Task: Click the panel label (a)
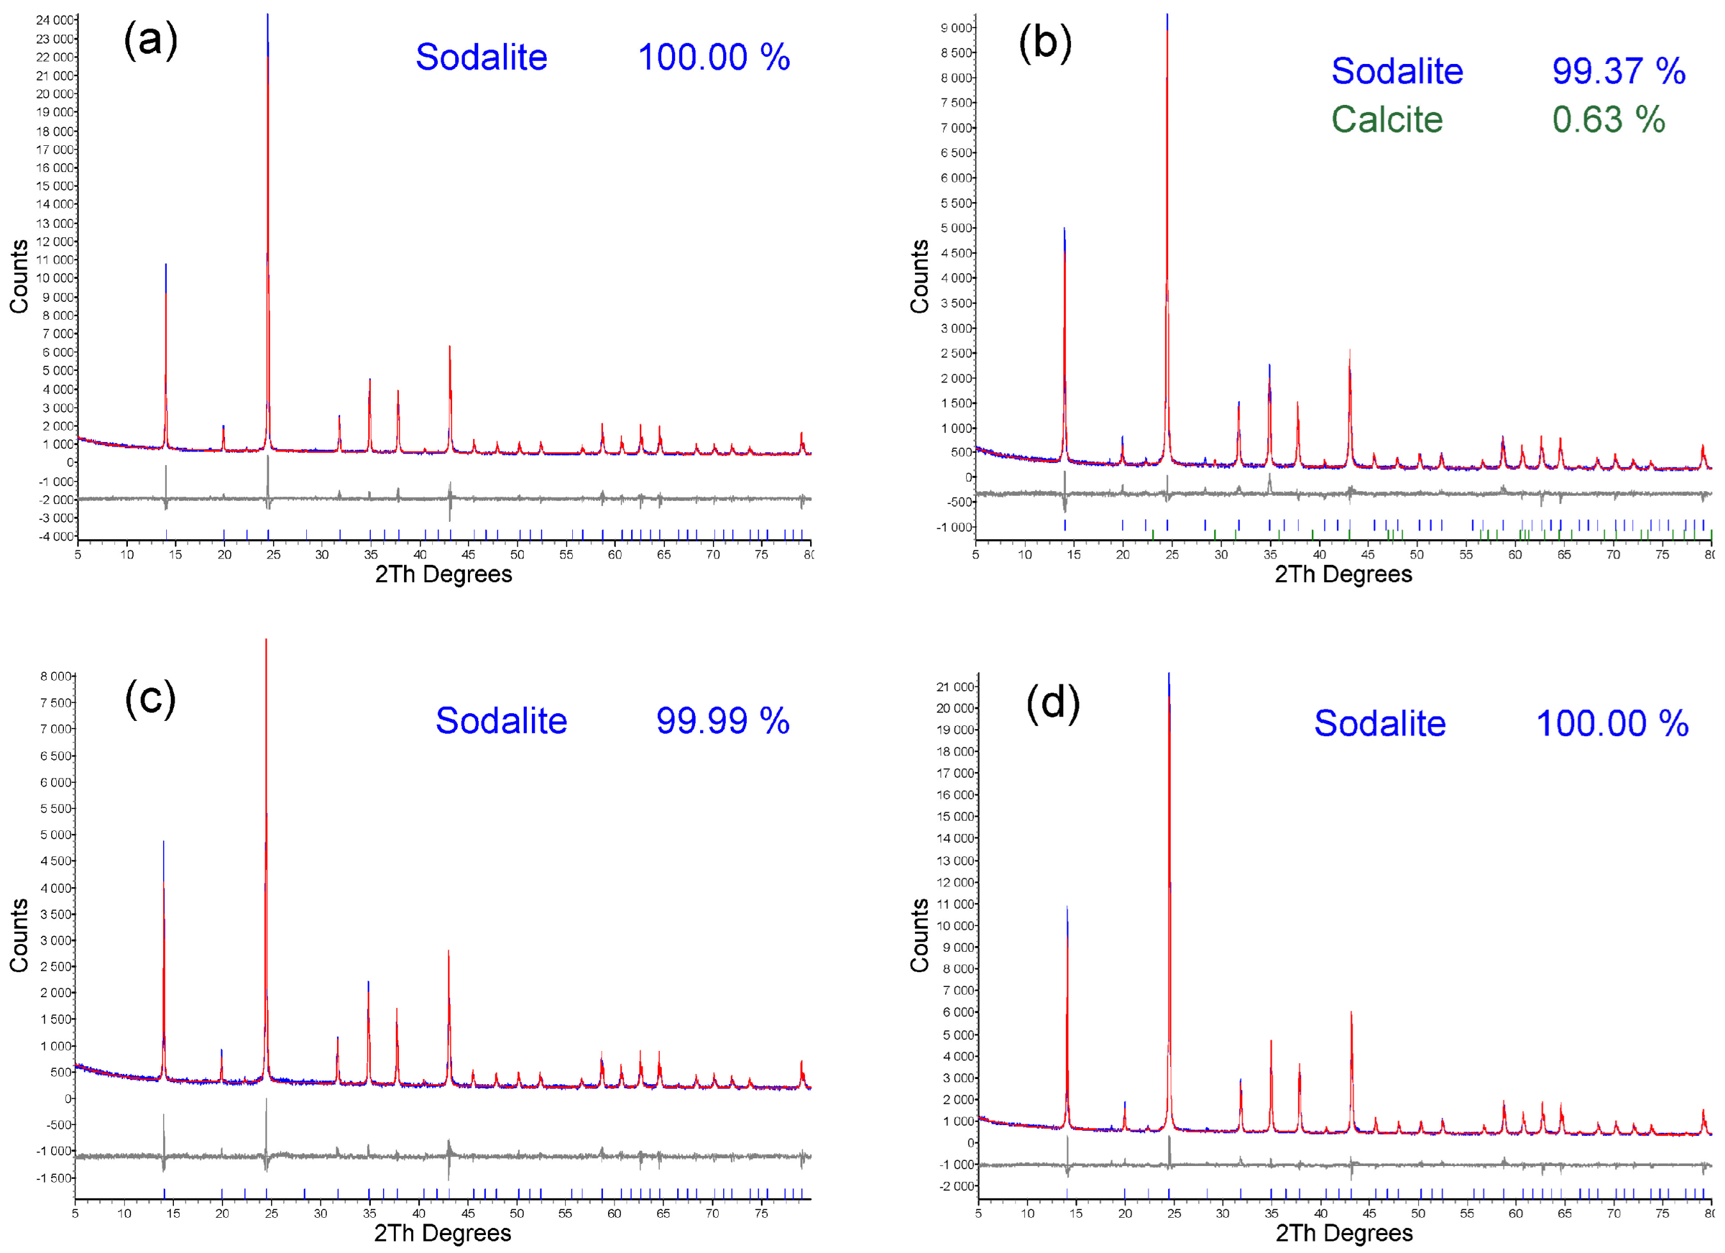151,40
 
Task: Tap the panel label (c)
151,698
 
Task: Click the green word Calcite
1387,120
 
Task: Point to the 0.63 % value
1609,120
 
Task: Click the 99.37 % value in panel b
1618,71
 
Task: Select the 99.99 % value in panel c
722,720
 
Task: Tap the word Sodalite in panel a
481,57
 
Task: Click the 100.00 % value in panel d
1612,723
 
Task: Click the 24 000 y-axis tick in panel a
55,20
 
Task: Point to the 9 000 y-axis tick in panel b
956,28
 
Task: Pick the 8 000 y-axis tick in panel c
56,676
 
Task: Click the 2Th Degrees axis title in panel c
442,1233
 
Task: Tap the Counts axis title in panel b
919,276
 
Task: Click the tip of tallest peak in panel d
1169,674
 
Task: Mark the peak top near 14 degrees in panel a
166,265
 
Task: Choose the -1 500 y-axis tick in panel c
56,1178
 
